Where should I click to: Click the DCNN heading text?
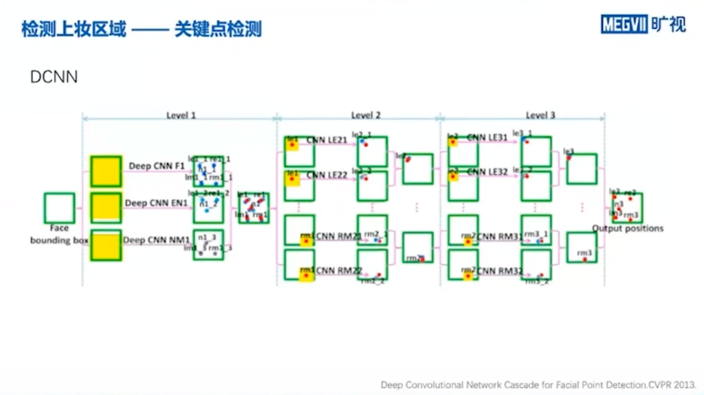[x=54, y=77]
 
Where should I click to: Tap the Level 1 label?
[x=181, y=115]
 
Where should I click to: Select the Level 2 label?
[x=366, y=115]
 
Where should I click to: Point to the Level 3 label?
[x=540, y=115]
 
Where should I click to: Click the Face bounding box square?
[x=59, y=208]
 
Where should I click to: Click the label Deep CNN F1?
[x=156, y=166]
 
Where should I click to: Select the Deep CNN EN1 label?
[x=156, y=203]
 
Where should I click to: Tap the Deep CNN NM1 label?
[x=156, y=240]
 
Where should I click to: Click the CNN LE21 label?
[x=327, y=140]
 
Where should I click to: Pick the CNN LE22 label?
[x=327, y=175]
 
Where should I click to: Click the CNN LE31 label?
[x=488, y=138]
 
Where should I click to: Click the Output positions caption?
[x=627, y=228]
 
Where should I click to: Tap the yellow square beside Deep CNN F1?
[x=106, y=171]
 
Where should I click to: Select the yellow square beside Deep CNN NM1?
[x=106, y=245]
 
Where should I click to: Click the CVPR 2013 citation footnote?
[x=538, y=385]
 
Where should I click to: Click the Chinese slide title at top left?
[x=141, y=29]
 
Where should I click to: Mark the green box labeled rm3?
[x=582, y=247]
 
